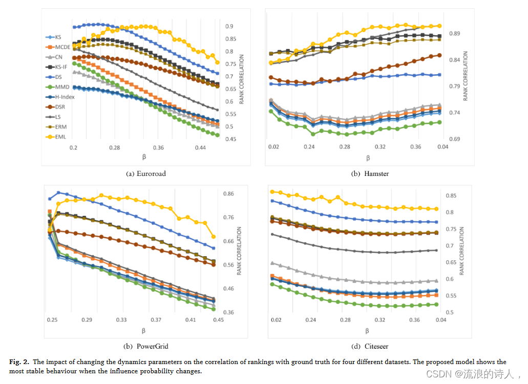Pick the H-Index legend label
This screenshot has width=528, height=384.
pos(63,97)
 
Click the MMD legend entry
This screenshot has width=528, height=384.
pos(61,87)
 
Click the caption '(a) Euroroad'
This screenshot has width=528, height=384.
pos(146,173)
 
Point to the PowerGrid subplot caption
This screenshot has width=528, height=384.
pos(146,346)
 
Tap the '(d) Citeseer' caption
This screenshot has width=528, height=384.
pos(369,346)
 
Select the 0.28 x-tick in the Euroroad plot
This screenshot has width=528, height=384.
pos(115,148)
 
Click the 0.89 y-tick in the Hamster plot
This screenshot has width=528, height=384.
pos(454,34)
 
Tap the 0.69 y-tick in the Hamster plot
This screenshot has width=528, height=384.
pos(454,139)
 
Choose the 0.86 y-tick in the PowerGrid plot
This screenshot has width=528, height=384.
pos(228,194)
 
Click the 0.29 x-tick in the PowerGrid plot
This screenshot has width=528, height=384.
pos(87,320)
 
